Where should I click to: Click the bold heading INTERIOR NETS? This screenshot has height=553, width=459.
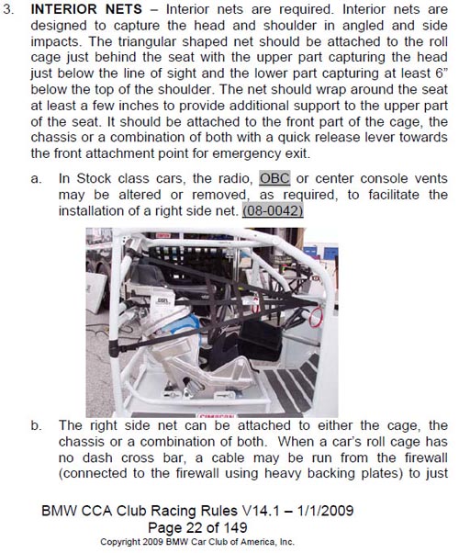pyautogui.click(x=86, y=9)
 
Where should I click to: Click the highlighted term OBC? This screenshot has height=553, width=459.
pyautogui.click(x=274, y=178)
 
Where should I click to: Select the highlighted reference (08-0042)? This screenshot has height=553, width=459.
pyautogui.click(x=273, y=211)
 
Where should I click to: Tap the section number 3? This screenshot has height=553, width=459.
pyautogui.click(x=8, y=9)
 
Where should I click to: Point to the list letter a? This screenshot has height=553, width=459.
pyautogui.click(x=36, y=179)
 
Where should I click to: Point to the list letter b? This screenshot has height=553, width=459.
pyautogui.click(x=36, y=425)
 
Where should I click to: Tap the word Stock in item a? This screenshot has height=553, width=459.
pyautogui.click(x=95, y=178)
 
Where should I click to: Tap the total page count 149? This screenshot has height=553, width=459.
pyautogui.click(x=235, y=527)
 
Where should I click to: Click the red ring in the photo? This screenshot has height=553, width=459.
pyautogui.click(x=316, y=317)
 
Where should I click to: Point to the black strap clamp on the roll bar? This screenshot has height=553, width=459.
pyautogui.click(x=114, y=349)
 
